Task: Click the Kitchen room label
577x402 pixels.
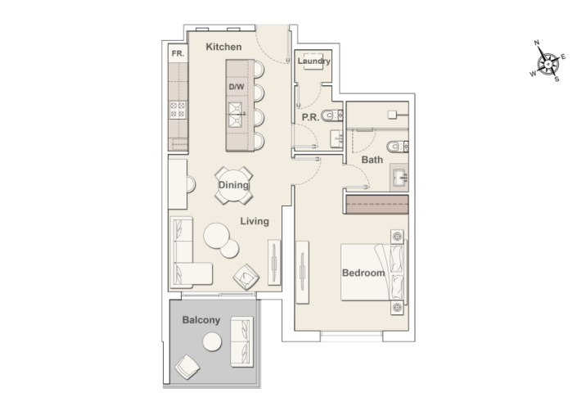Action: coord(223,47)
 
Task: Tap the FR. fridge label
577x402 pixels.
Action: coord(178,53)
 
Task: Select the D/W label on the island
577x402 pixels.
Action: coord(237,87)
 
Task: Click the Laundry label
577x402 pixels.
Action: coord(313,61)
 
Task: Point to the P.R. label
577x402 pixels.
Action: coord(309,117)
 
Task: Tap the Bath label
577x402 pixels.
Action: coord(372,160)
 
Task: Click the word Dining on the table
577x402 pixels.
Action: coord(233,185)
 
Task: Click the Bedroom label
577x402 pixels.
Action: coord(363,273)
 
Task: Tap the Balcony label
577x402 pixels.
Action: coord(201,320)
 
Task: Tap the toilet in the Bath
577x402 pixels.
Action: coord(394,147)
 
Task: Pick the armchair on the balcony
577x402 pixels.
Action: coord(188,368)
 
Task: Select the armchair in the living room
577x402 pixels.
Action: coord(246,278)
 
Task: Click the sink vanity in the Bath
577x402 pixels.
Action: coord(400,176)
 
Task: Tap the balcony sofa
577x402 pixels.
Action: coord(242,343)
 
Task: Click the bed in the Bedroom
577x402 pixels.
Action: coord(376,272)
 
